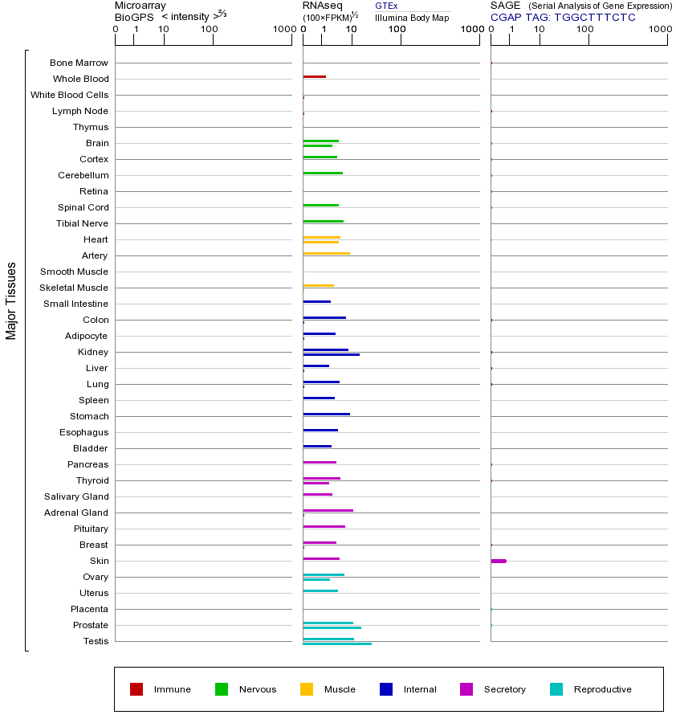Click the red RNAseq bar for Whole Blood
point(314,77)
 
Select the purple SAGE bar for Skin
point(498,561)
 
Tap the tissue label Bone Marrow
point(79,63)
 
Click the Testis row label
point(96,641)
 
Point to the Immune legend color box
point(136,689)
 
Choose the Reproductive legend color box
point(556,689)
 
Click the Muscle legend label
point(340,689)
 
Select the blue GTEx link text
point(386,6)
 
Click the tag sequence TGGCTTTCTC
point(595,17)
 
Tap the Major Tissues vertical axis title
point(11,300)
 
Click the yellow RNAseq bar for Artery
point(326,254)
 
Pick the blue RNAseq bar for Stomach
point(326,415)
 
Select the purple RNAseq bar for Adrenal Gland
point(328,511)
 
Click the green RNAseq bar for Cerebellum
point(323,174)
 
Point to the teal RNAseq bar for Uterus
point(320,591)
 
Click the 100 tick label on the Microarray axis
point(209,30)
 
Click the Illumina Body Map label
point(412,18)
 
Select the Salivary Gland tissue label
point(79,496)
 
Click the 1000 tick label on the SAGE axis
point(659,30)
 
